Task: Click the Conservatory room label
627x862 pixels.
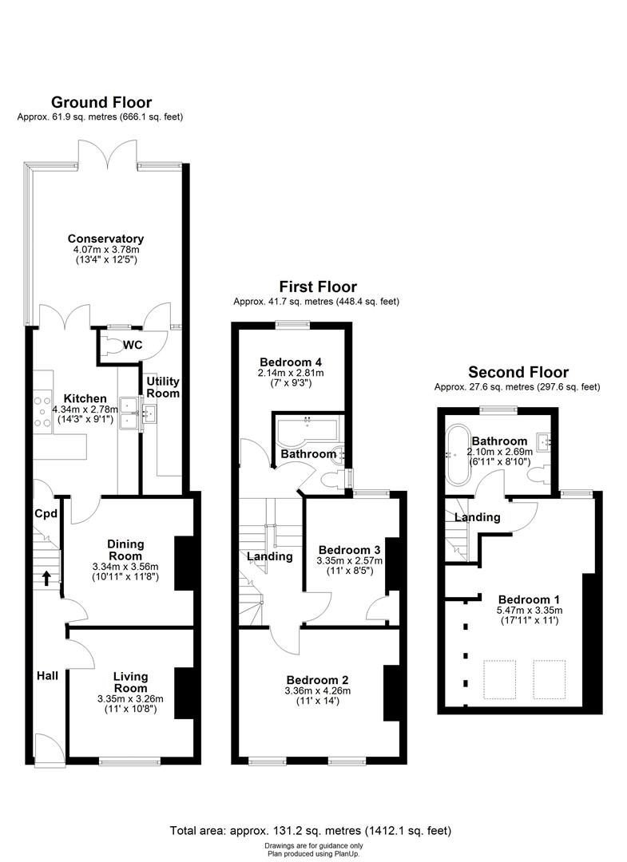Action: [105, 239]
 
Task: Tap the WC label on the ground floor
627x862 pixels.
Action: [133, 345]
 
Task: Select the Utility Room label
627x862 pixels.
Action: [162, 387]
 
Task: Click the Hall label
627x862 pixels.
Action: [47, 676]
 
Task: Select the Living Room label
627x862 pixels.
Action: [130, 682]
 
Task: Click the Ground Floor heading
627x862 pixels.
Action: [101, 102]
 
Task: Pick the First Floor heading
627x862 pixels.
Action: [317, 287]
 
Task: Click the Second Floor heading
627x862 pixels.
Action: [518, 372]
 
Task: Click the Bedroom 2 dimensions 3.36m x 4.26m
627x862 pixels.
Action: [317, 690]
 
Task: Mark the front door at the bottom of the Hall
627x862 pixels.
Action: [50, 750]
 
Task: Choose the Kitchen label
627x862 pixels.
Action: [85, 398]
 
